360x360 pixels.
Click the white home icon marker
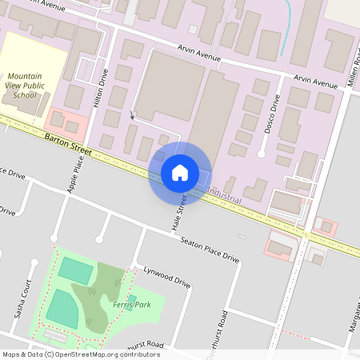(x=180, y=172)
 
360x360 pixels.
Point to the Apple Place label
(x=76, y=174)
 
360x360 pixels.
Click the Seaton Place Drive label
(x=210, y=250)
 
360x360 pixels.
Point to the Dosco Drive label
(x=270, y=117)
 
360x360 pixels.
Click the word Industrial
(x=224, y=194)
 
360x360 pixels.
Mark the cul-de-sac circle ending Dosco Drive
(x=262, y=153)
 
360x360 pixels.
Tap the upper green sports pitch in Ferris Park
(x=76, y=270)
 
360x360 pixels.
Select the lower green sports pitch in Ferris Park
(x=62, y=307)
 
